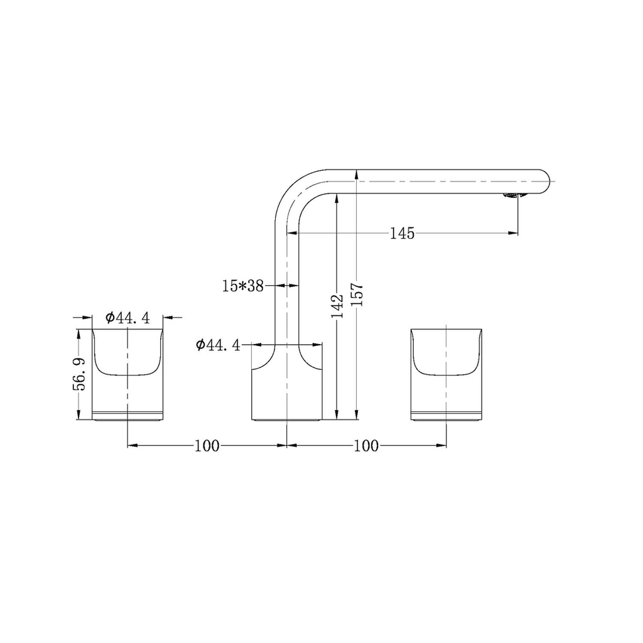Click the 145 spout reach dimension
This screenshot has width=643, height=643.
pyautogui.click(x=402, y=234)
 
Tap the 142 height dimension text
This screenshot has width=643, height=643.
pyautogui.click(x=337, y=306)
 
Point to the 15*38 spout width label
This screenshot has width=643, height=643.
pyautogui.click(x=243, y=286)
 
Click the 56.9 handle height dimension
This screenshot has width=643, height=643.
pyautogui.click(x=79, y=374)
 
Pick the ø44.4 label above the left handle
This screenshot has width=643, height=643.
pyautogui.click(x=127, y=318)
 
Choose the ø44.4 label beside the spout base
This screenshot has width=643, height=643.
pyautogui.click(x=218, y=345)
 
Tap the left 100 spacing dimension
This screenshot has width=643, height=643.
pyautogui.click(x=207, y=445)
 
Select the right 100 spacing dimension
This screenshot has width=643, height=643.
pyautogui.click(x=366, y=445)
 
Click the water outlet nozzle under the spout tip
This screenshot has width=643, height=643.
pyautogui.click(x=511, y=196)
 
